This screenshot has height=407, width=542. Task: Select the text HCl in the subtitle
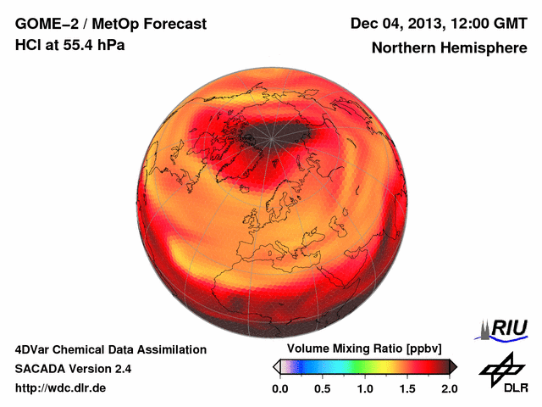click(x=27, y=45)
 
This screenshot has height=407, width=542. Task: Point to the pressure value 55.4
click(x=74, y=45)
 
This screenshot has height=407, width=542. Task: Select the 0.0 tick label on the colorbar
click(x=279, y=388)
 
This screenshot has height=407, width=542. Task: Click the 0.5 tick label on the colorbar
click(x=322, y=388)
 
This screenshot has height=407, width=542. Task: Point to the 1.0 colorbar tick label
click(x=364, y=388)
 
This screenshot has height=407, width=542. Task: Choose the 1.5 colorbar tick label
click(x=406, y=388)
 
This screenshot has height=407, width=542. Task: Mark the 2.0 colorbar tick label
click(x=449, y=388)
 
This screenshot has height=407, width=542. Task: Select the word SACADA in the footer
click(x=41, y=369)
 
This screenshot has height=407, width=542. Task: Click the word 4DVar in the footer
click(x=32, y=349)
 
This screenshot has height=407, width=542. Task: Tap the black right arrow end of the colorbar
click(x=453, y=366)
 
